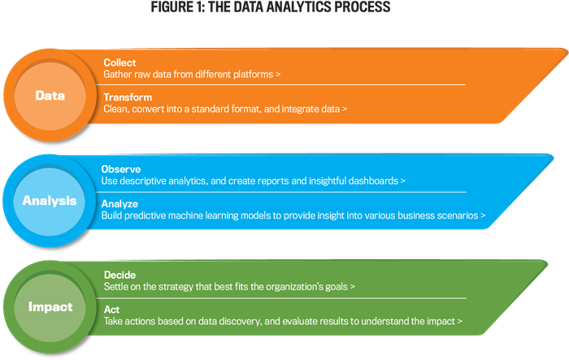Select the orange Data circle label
[50, 96]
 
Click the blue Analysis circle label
[50, 201]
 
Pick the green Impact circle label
[50, 307]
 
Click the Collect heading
[119, 63]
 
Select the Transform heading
[128, 98]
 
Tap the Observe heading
[121, 169]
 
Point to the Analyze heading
[119, 204]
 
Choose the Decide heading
[119, 275]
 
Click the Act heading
[112, 310]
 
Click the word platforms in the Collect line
[253, 75]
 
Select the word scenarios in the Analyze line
[457, 215]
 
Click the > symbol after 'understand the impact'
[459, 322]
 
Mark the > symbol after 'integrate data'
[345, 109]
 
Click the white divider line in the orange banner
[280, 85]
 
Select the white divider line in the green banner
[280, 298]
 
